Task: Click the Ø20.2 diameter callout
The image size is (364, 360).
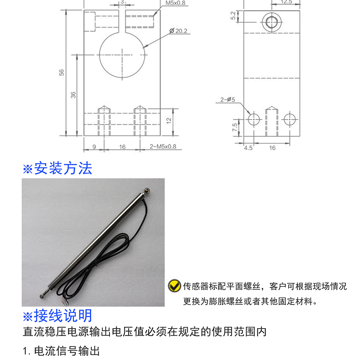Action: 179,31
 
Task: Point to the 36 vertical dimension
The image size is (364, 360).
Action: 74,94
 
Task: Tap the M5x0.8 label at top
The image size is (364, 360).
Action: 175,3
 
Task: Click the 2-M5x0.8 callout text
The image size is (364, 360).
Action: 163,147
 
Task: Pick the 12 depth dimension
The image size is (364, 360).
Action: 169,120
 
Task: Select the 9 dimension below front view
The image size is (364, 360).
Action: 94,147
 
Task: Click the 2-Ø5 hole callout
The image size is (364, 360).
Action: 228,100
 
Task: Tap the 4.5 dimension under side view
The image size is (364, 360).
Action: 248,148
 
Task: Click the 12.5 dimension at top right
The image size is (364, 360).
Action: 286,2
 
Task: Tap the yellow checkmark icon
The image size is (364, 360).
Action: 174,286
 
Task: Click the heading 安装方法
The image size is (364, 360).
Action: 58,168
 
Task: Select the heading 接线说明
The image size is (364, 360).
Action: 58,316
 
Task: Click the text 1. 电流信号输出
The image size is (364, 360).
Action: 61,351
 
